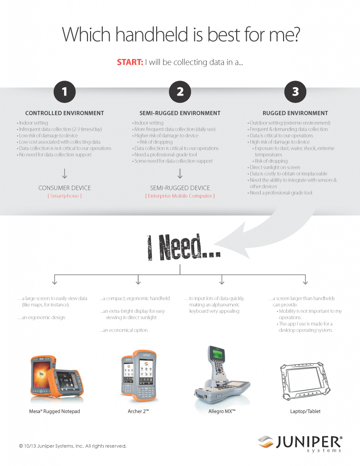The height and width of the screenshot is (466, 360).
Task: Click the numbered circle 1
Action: point(65,92)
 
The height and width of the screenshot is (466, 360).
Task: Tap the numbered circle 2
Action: point(180,92)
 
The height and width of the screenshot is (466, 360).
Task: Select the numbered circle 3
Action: point(295,92)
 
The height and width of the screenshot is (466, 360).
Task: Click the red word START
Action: point(130,62)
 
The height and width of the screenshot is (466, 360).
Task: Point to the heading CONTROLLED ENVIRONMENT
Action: point(65,113)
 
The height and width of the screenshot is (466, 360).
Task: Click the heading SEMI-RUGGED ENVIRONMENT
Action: point(180,113)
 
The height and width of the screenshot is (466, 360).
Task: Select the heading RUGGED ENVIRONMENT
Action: point(295,113)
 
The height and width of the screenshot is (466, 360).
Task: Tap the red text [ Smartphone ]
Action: point(65,196)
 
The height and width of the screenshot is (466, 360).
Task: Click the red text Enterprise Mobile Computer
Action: point(180,196)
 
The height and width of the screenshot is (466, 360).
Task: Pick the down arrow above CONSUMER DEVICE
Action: point(65,173)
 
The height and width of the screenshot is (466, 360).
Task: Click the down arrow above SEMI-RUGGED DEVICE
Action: point(180,173)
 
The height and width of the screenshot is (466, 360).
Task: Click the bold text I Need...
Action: point(184,247)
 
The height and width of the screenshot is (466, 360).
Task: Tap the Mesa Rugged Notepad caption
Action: point(55,411)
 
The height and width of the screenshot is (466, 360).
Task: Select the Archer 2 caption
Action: point(138,411)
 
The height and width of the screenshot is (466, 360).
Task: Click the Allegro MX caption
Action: point(222,411)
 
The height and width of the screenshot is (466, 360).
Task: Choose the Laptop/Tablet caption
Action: point(305,411)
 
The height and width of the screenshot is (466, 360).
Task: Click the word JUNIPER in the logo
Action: point(309,442)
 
